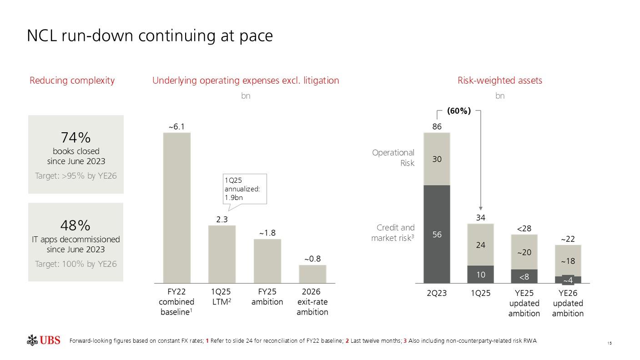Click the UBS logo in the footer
pos(43,340)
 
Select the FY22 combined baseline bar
pos(176,208)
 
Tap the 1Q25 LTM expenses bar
pos(222,254)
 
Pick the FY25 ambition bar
pos(267,261)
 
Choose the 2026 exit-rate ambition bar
pos(312,274)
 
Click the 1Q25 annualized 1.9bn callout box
pos(244,189)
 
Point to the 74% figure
pos(76,137)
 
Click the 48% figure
pos(76,225)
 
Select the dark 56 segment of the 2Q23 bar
pos(437,234)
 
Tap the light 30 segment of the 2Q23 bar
pos(437,159)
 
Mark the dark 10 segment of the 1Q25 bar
pos(481,274)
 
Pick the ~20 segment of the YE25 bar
pos(524,252)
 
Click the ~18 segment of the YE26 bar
pos(568,261)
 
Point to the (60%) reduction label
pos(459,110)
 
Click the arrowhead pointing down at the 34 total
pos(481,209)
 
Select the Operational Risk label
pos(393,157)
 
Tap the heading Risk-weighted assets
pos(499,80)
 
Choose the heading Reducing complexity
pos(72,80)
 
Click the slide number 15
pos(609,342)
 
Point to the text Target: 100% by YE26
pos(76,264)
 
